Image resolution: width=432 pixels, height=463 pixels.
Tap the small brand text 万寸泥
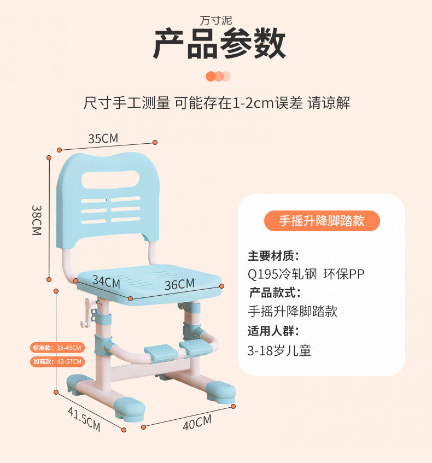tap(216, 21)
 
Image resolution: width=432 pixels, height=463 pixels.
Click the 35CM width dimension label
tap(103, 139)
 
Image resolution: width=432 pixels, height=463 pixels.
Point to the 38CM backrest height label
tap(36, 220)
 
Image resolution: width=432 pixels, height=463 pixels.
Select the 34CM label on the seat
tap(106, 282)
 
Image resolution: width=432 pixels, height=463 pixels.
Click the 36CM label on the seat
tap(179, 284)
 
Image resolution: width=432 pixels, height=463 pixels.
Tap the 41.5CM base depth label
tap(84, 419)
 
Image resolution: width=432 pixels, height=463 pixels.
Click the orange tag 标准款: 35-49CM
tap(57, 348)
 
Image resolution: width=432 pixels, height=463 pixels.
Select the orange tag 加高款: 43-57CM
tap(57, 362)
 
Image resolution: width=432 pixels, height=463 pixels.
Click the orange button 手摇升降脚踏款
tap(322, 221)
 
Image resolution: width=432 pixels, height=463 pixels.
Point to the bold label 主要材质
tap(273, 256)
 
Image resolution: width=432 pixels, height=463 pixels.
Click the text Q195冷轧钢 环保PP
tap(306, 274)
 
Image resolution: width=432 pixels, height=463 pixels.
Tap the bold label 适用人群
tap(273, 331)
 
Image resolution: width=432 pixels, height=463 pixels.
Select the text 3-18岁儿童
tap(279, 350)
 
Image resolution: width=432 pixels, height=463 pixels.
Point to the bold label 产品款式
tap(275, 292)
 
